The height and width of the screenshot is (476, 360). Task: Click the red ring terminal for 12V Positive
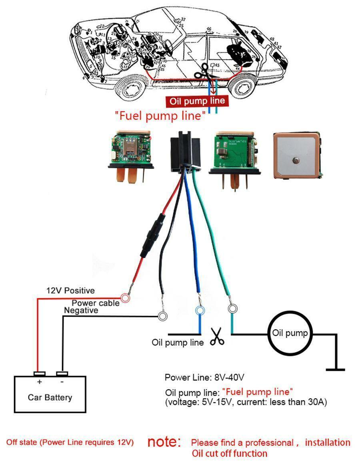pos(126,298)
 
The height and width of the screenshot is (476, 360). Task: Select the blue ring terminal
pos(199,311)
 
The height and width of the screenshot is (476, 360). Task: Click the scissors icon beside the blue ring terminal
pos(217,337)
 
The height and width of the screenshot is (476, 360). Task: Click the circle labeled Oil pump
pos(290,333)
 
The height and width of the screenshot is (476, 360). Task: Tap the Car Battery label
pos(50,397)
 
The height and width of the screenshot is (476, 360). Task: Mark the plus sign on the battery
pos(39,382)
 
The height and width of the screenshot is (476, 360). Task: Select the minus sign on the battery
pos(62,382)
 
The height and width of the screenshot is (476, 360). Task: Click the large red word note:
pos(164,442)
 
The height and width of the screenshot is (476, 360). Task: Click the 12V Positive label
pos(70,291)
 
